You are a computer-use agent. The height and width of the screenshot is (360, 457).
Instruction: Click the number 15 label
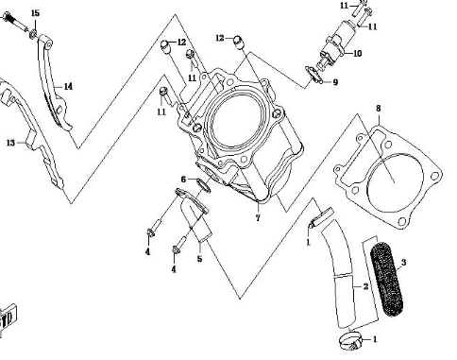(x=35, y=13)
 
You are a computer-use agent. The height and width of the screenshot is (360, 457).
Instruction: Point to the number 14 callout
(x=68, y=86)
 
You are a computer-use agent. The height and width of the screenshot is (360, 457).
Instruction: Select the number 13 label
(x=10, y=143)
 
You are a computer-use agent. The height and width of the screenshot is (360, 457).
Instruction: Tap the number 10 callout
(x=358, y=54)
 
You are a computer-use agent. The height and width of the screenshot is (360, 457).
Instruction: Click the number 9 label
(x=335, y=82)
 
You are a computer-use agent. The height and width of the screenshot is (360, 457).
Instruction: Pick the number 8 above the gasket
(x=379, y=109)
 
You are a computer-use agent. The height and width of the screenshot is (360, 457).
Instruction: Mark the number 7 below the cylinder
(x=258, y=218)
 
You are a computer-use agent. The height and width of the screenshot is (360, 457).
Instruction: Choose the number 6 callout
(x=184, y=180)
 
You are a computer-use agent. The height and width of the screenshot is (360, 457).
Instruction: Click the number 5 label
(x=199, y=259)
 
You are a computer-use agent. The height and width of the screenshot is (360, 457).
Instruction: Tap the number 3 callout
(x=404, y=263)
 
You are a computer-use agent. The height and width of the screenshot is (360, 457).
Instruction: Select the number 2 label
(x=365, y=286)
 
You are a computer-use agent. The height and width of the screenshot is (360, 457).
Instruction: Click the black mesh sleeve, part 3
(x=387, y=279)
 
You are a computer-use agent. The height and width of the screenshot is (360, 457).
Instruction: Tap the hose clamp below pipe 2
(x=349, y=342)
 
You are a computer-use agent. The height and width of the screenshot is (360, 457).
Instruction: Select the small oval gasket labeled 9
(x=313, y=75)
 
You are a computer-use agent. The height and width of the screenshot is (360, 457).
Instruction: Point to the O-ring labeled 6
(x=203, y=185)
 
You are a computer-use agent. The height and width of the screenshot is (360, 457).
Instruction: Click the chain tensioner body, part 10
(x=338, y=44)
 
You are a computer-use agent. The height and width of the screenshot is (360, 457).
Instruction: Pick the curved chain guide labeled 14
(x=54, y=83)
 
